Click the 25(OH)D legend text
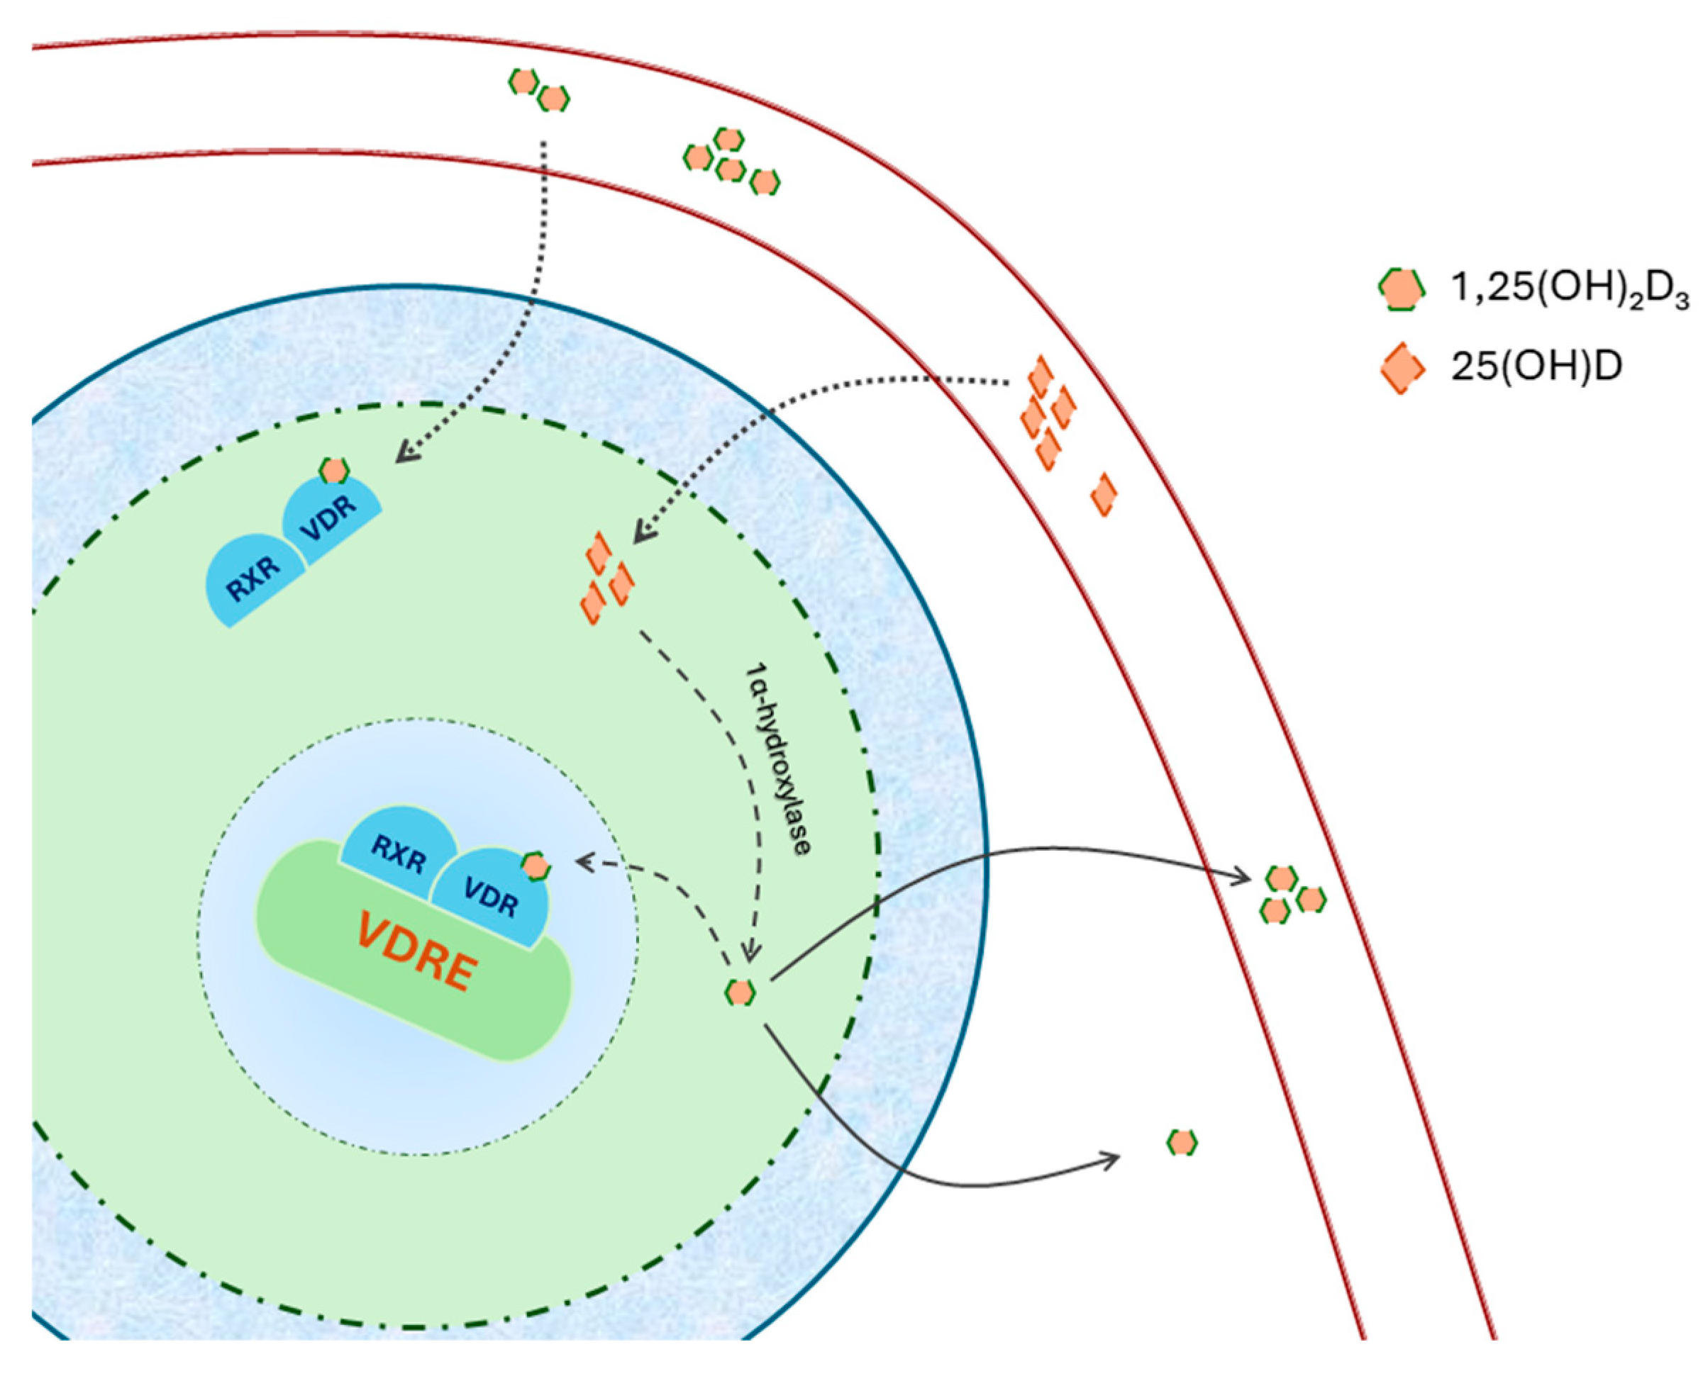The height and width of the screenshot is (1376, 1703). tap(1536, 367)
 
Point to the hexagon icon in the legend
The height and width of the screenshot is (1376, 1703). tap(1402, 289)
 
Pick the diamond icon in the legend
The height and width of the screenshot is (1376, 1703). tap(1402, 368)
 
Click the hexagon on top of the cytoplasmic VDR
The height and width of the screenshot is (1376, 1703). tap(334, 471)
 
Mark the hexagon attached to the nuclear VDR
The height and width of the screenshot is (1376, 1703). tap(536, 866)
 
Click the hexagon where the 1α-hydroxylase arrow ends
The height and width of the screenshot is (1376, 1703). tap(740, 992)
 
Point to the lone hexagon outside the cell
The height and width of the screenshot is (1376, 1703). tap(1181, 1142)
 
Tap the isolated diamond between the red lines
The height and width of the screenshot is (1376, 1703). tap(1104, 494)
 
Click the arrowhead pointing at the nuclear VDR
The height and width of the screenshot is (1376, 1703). tap(586, 861)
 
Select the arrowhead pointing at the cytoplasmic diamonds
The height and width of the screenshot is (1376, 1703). tap(644, 530)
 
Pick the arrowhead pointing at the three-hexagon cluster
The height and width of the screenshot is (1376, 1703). tap(1241, 877)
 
